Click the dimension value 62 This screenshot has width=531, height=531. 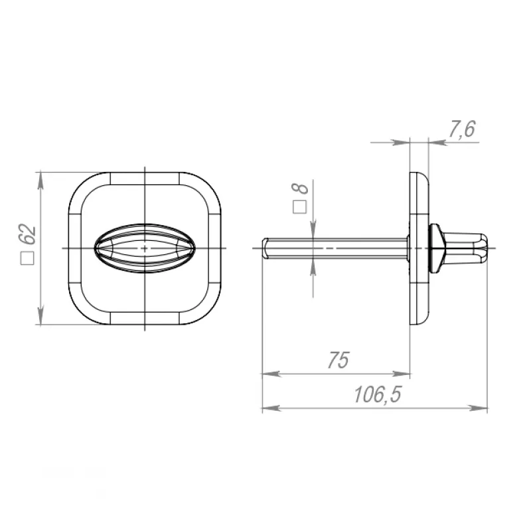(x=27, y=234)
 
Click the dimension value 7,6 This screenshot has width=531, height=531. (x=462, y=129)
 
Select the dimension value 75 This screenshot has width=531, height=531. (x=338, y=360)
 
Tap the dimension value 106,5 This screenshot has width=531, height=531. (x=377, y=394)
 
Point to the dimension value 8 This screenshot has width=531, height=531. (x=301, y=189)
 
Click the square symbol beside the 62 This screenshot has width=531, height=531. (x=27, y=258)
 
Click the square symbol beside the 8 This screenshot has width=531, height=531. (x=299, y=206)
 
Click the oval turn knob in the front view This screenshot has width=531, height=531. (x=145, y=248)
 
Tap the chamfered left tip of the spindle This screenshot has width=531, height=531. (x=265, y=248)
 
